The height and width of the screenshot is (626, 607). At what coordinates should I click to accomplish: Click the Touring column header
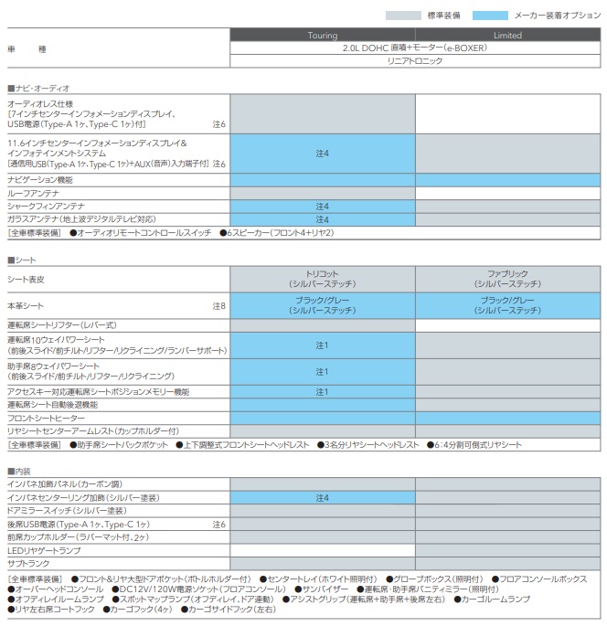pos(322,36)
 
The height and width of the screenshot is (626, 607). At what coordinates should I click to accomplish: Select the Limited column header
pos(507,36)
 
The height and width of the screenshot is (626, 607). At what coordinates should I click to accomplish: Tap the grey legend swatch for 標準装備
pos(402,15)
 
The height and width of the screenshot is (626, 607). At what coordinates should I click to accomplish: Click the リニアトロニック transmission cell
pos(414,60)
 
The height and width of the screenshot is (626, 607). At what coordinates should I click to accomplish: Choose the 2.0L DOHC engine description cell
pos(414,48)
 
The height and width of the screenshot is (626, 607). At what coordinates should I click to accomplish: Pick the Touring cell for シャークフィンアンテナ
pos(322,207)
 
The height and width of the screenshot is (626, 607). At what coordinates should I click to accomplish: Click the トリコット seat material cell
pos(322,279)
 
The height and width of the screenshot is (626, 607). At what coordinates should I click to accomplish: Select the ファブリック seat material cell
pos(507,279)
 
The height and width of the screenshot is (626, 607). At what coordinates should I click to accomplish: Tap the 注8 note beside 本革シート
pos(218,305)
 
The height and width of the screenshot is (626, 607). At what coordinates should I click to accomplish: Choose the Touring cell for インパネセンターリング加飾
pos(322,497)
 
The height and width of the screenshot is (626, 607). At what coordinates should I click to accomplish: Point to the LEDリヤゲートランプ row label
pos(42,550)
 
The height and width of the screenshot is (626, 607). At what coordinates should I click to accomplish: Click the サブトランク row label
pos(27,564)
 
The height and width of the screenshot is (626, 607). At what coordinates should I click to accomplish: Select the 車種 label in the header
pos(27,48)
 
